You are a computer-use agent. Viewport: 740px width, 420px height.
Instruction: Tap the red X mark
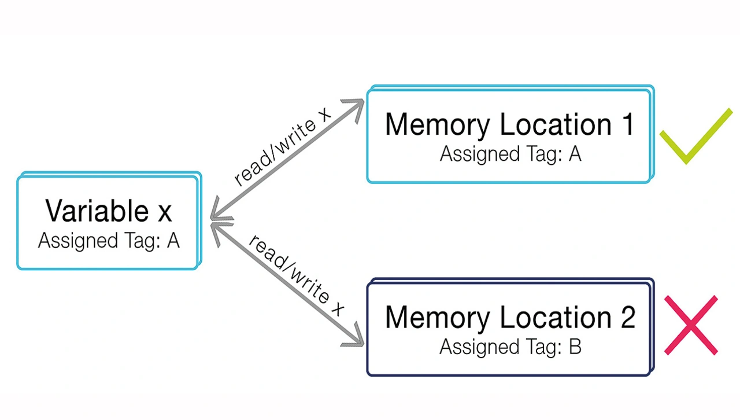(691, 325)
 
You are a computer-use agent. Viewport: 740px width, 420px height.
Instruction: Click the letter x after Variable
(165, 213)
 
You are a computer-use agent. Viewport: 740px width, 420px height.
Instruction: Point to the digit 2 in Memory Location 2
(627, 318)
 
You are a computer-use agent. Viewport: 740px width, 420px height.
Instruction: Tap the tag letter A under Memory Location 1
(575, 154)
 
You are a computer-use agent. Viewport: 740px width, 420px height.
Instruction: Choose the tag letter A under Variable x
(173, 241)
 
